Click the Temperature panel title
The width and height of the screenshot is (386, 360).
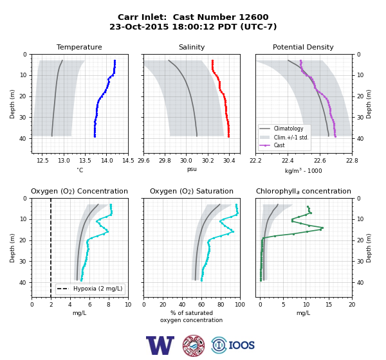pyautogui.click(x=79, y=47)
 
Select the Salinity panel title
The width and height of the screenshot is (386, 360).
pyautogui.click(x=192, y=47)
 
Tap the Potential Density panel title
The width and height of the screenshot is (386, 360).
pyautogui.click(x=303, y=47)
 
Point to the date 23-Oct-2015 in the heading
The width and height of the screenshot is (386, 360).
pyautogui.click(x=139, y=26)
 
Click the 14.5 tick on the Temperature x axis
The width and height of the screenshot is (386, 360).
pyautogui.click(x=128, y=161)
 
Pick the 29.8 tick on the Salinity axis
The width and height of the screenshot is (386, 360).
pyautogui.click(x=165, y=161)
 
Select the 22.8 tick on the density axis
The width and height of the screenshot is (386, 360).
pyautogui.click(x=352, y=161)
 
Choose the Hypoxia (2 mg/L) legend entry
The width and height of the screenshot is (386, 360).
pyautogui.click(x=90, y=289)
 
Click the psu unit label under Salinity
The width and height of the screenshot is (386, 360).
pyautogui.click(x=192, y=169)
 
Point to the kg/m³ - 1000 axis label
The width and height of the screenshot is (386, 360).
pyautogui.click(x=303, y=170)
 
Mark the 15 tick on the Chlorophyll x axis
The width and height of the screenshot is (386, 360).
pyautogui.click(x=329, y=305)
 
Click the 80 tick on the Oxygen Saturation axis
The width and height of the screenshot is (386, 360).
pyautogui.click(x=221, y=305)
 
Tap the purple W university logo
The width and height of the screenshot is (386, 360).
pyautogui.click(x=160, y=345)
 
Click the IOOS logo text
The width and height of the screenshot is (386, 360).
pyautogui.click(x=241, y=345)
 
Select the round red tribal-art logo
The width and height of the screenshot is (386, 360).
pyautogui.click(x=194, y=345)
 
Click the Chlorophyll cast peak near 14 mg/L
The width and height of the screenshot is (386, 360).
pyautogui.click(x=322, y=228)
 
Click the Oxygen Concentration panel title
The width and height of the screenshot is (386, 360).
pyautogui.click(x=79, y=191)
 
